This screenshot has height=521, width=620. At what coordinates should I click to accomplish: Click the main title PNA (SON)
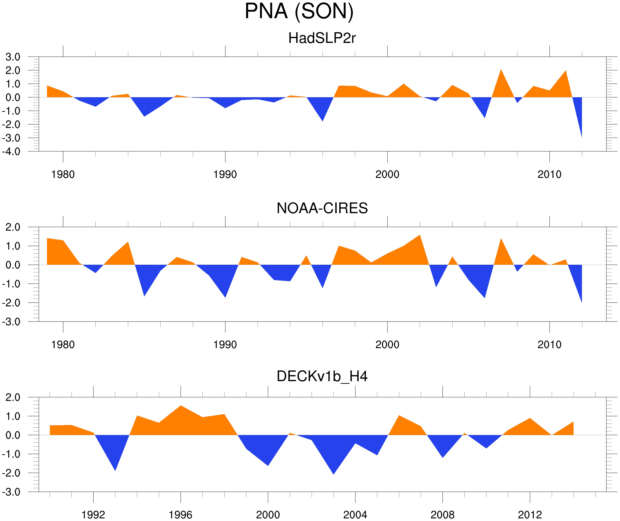point(299,11)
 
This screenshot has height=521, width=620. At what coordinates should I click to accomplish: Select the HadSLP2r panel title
point(322,38)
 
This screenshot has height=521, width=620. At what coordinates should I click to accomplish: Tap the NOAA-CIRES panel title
point(322,208)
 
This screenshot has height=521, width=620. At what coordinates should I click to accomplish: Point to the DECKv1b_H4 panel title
point(322,376)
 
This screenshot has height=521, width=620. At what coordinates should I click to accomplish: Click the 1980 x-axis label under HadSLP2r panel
point(63,174)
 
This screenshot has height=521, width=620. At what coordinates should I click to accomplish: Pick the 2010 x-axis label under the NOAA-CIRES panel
point(549,345)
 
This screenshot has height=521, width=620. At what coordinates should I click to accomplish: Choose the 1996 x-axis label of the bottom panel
point(180,515)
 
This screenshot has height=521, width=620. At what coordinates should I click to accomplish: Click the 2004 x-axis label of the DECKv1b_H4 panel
point(355,515)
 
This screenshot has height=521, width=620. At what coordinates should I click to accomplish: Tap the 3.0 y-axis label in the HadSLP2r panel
point(13,57)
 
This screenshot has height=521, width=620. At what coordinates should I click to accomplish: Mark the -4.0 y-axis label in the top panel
point(11,152)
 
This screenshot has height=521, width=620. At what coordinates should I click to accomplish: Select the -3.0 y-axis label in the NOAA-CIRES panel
point(11,322)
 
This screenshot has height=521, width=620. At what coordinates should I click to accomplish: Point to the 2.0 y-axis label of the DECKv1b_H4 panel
point(13,398)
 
